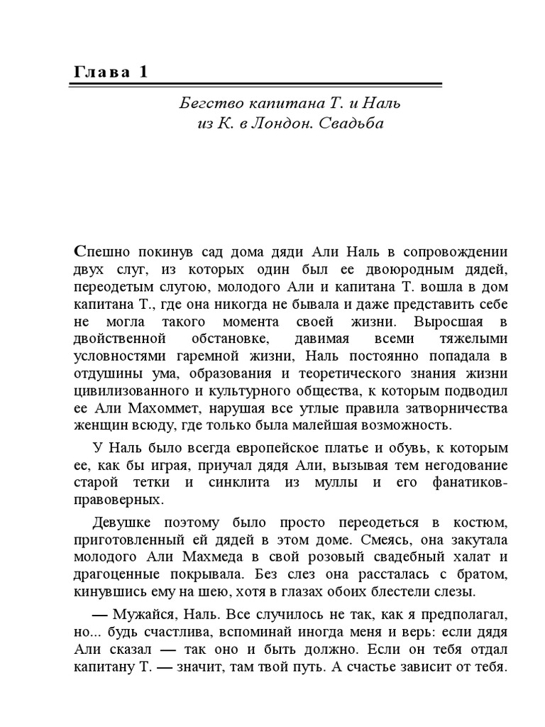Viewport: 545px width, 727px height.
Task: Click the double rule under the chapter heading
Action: pyautogui.click(x=256, y=85)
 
